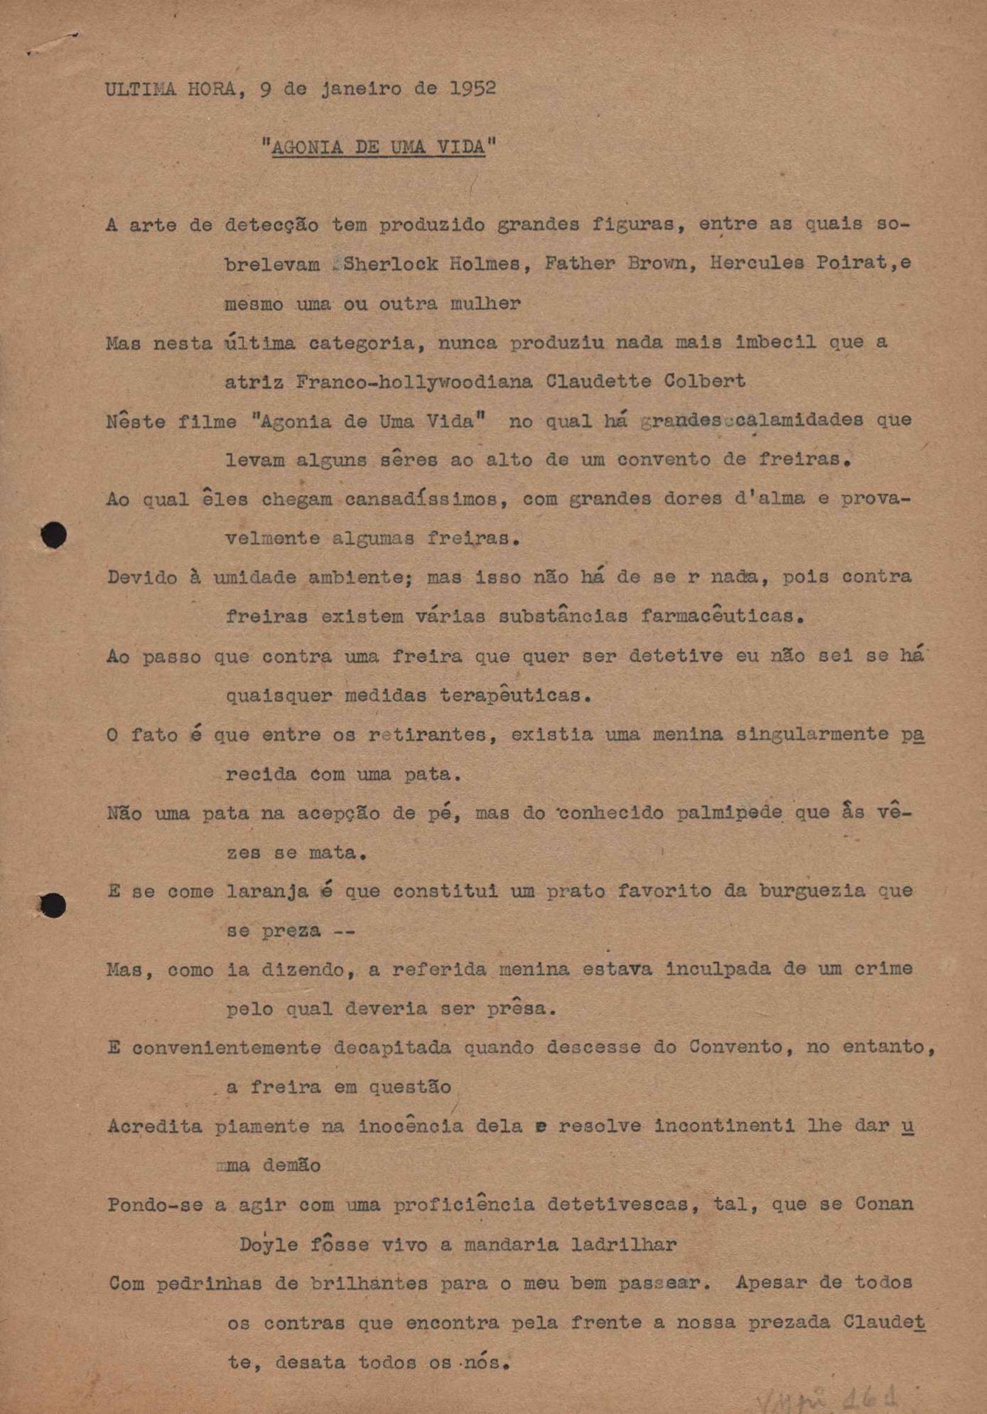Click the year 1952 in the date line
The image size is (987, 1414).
pos(473,89)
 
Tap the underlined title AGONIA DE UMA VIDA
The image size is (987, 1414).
pos(378,147)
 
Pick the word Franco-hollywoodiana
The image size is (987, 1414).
pos(414,382)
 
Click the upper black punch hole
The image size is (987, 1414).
pos(53,535)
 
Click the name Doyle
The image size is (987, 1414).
pos(269,1245)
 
